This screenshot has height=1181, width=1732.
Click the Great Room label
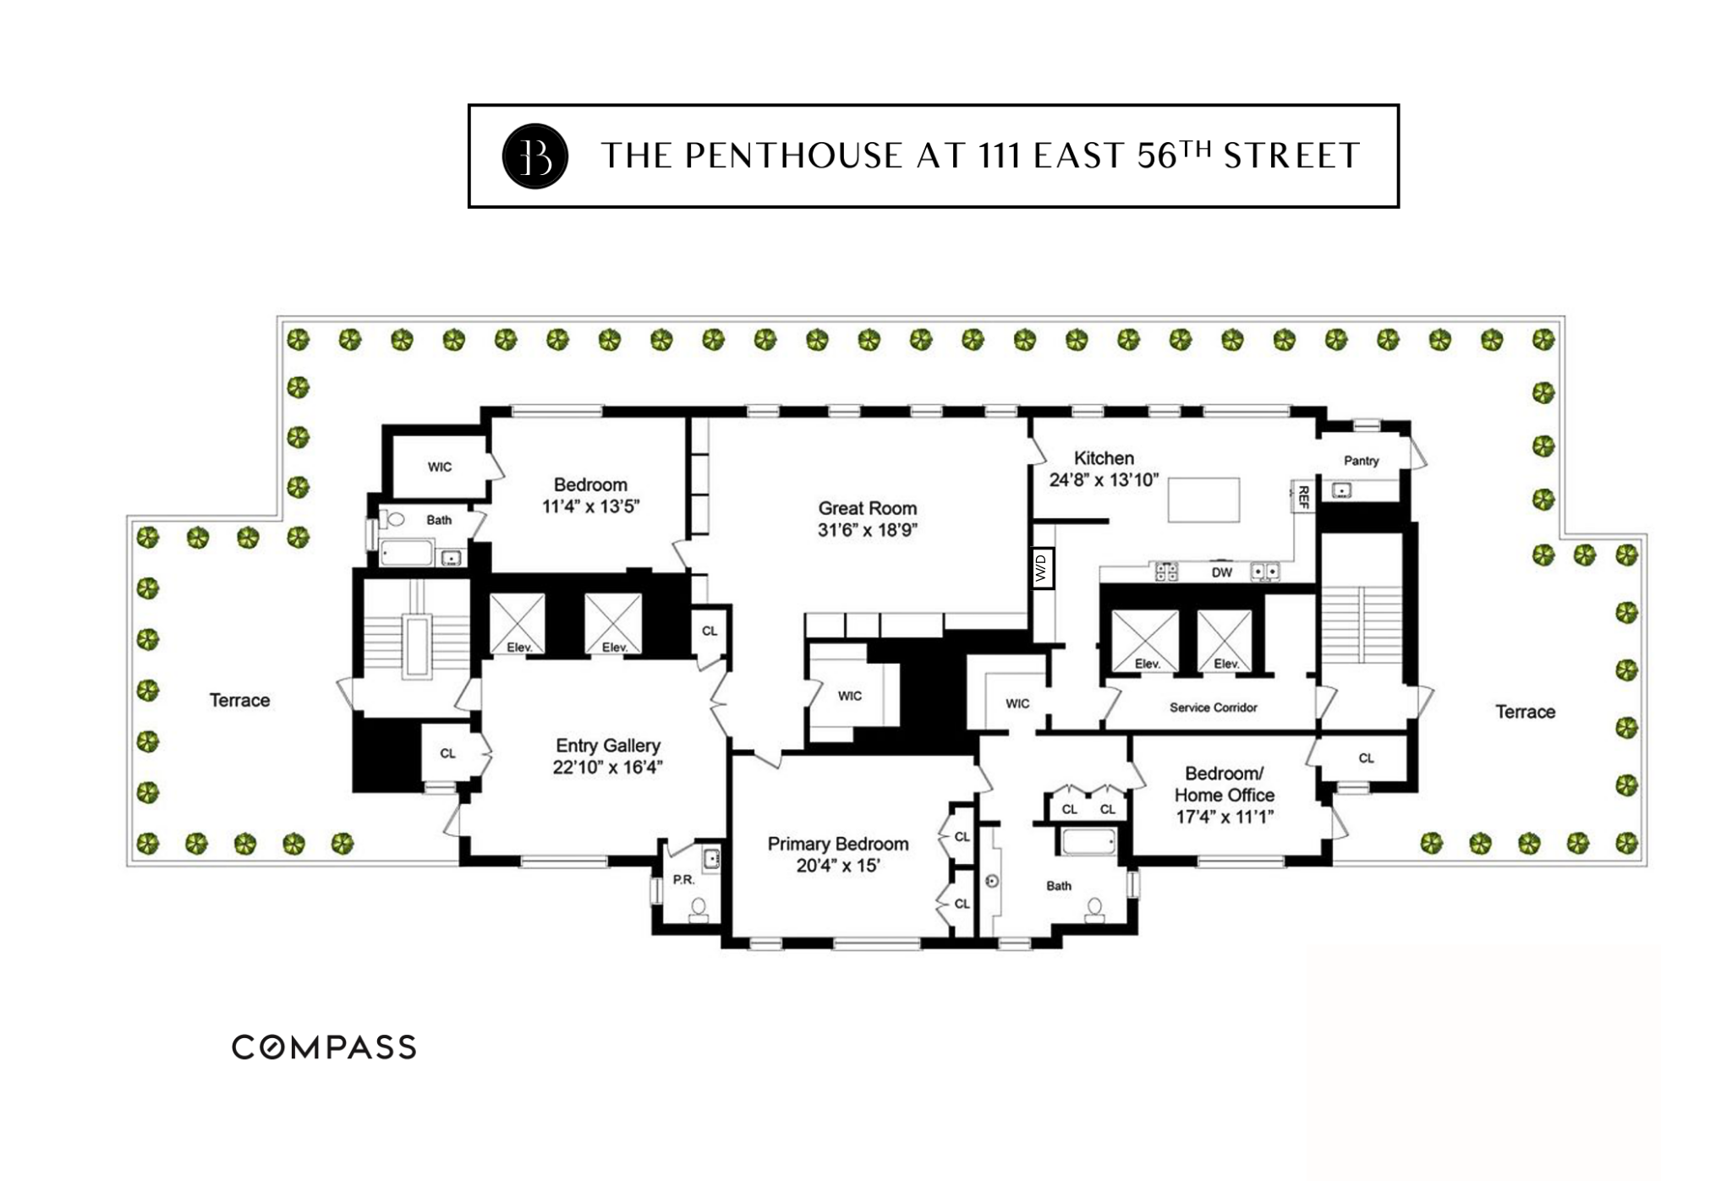[867, 508]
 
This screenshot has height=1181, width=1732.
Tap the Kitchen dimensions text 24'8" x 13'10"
[1104, 480]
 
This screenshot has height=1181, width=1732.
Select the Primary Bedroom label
[837, 844]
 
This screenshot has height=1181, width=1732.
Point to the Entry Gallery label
[607, 746]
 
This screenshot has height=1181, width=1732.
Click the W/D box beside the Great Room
[1042, 567]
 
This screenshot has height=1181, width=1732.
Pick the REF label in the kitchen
[1302, 496]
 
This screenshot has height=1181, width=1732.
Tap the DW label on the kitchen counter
[1221, 572]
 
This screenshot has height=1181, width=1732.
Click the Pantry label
[1361, 461]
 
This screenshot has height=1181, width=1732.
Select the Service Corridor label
[1213, 708]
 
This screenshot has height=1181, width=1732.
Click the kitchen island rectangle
[1203, 500]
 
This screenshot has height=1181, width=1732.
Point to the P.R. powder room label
[683, 879]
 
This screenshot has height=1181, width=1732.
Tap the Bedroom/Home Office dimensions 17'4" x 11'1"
[1224, 817]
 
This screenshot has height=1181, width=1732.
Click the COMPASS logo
[324, 1047]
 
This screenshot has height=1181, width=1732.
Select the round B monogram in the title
[534, 156]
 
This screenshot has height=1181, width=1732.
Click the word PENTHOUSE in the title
[793, 156]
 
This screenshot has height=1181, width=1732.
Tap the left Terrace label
[239, 700]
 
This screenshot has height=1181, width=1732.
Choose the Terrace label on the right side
[1525, 712]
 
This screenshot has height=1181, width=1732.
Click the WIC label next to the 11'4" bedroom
[439, 467]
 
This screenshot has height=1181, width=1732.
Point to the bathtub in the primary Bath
[1088, 842]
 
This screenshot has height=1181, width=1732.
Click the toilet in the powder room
[699, 910]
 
